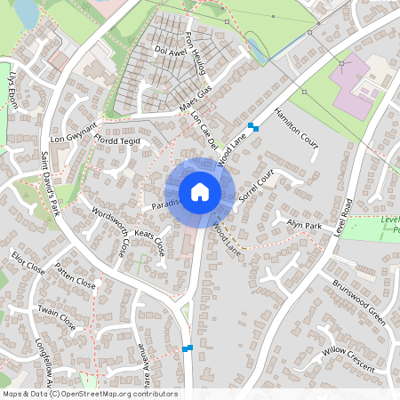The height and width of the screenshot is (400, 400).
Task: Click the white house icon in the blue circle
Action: [199, 192]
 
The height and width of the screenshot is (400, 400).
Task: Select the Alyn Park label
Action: [302, 226]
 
